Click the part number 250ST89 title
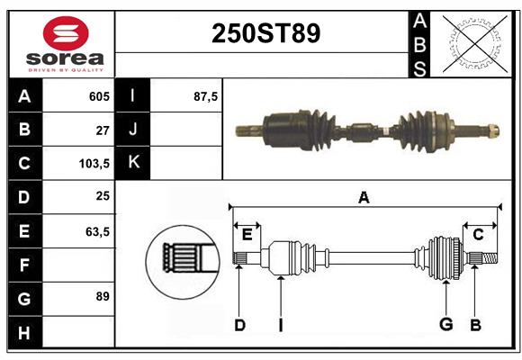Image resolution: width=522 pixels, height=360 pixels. pos(265,33)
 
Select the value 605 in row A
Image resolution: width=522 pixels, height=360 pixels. pos(99,96)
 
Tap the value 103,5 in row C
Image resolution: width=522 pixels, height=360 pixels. pos(94,164)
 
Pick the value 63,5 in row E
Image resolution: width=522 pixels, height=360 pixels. pos(97,231)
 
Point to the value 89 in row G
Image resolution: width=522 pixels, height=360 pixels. pos(102,296)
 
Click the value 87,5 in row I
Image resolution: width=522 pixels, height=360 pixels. pos(206,96)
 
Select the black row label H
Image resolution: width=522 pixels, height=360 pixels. pos(24,332)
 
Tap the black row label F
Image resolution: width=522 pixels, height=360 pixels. pos(24,265)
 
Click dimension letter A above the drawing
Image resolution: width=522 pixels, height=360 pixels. pos(364,197)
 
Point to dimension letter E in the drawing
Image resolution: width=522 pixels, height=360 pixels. pos(247,235)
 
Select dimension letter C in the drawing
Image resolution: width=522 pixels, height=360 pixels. pos(478,235)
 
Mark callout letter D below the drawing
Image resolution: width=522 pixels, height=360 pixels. pos(239,325)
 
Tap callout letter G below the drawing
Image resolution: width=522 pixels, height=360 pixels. pos(445,325)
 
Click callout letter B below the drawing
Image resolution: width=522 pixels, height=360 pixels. pos(476,325)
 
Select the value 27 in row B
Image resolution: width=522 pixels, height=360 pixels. pos(103,130)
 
